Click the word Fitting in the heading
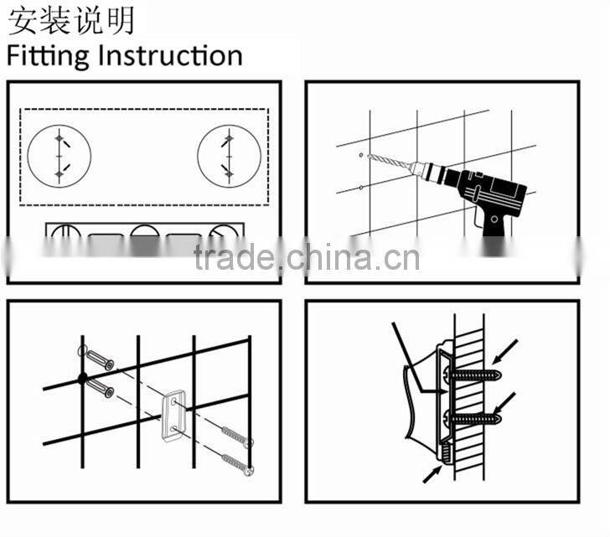click(x=49, y=56)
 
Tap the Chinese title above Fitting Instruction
click(x=71, y=19)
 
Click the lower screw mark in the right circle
click(x=229, y=172)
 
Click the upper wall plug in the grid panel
click(x=99, y=363)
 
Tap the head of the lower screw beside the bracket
click(x=249, y=469)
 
